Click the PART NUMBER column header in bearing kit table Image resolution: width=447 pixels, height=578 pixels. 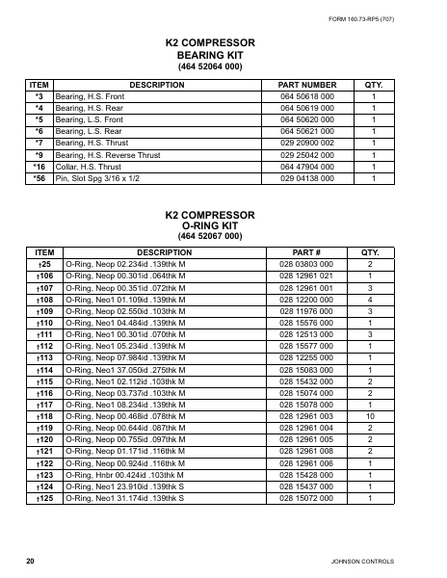(306, 85)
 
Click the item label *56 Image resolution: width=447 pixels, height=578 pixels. (39, 178)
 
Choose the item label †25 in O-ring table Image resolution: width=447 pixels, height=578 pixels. (43, 263)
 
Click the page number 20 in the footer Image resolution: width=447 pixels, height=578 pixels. (31, 560)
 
